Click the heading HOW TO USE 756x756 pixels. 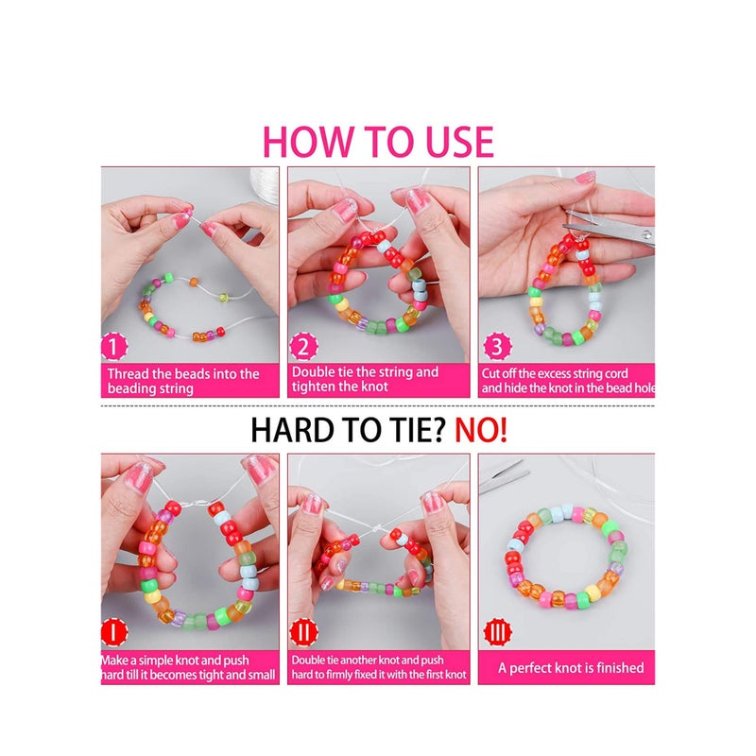click(379, 142)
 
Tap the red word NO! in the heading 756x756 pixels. click(481, 430)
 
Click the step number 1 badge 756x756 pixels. click(113, 347)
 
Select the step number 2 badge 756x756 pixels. click(303, 346)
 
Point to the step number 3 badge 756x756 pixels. click(497, 346)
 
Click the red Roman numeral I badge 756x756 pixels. click(113, 632)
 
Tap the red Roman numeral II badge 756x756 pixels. click(303, 632)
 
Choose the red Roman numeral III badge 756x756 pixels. click(497, 632)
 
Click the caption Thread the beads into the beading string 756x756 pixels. click(183, 381)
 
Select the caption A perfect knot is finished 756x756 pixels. click(571, 668)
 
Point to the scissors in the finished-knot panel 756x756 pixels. click(503, 476)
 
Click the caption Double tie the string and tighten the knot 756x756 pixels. click(365, 379)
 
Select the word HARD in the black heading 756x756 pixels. click(292, 430)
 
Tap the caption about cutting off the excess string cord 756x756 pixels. click(568, 381)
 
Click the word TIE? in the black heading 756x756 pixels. click(416, 430)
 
